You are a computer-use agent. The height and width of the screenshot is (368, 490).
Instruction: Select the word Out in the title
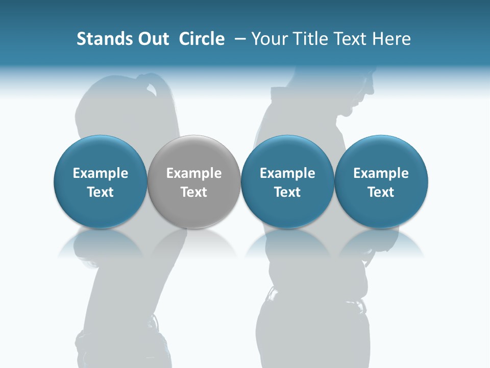[153, 39]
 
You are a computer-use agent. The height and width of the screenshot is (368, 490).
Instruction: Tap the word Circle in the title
[202, 39]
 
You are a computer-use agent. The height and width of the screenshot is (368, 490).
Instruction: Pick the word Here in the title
[391, 39]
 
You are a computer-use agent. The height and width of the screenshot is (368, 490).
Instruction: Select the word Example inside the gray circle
[194, 173]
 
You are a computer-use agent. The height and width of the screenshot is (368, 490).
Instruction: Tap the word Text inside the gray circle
[194, 192]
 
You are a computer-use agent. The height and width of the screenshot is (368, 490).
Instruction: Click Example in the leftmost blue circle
[101, 173]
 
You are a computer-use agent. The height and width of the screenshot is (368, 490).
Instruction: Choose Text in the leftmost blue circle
[101, 192]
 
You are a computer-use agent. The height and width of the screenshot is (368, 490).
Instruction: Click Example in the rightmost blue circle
[381, 173]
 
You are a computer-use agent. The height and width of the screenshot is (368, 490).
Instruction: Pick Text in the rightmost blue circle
[381, 192]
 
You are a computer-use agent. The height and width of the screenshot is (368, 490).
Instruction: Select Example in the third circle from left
[287, 173]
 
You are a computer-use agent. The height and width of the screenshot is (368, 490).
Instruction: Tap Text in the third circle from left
[287, 192]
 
